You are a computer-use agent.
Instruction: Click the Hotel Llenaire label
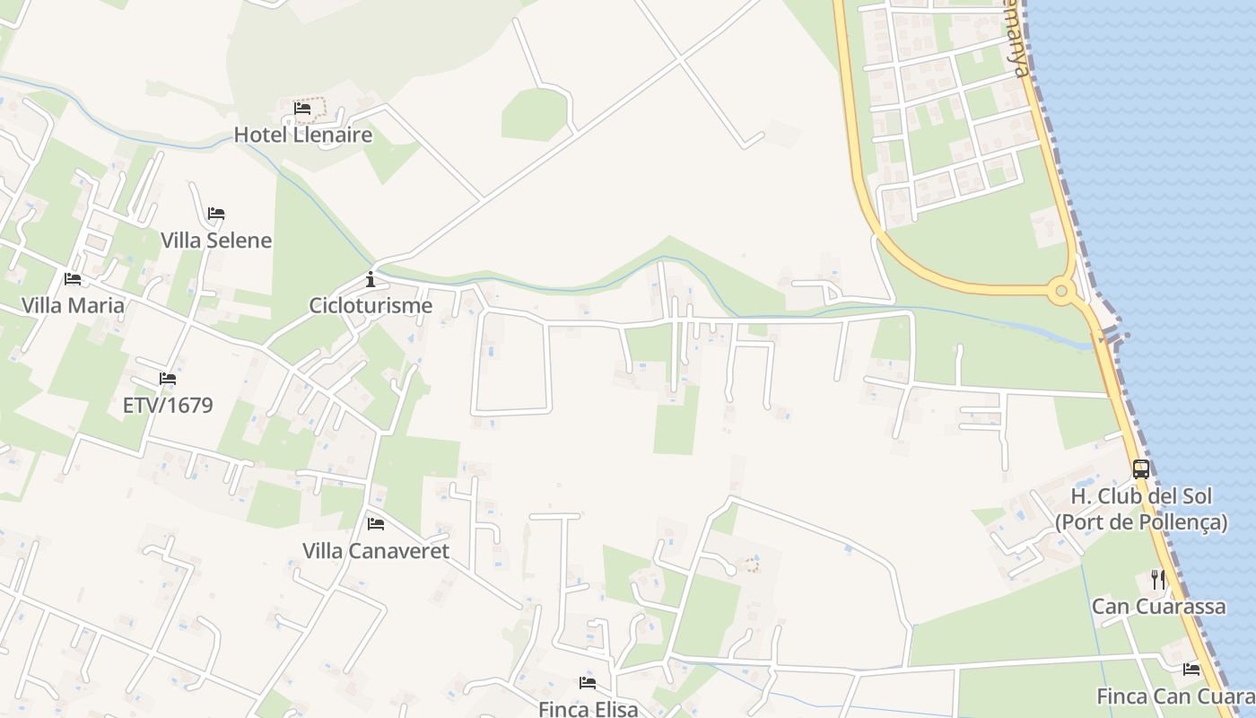[303, 136]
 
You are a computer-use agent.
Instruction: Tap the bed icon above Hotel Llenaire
[302, 109]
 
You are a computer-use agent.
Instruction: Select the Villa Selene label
[216, 241]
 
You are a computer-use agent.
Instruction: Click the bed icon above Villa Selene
[216, 214]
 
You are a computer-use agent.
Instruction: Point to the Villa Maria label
[73, 305]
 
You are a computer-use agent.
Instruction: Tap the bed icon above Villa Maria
[73, 279]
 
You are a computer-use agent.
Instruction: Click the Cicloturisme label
[371, 305]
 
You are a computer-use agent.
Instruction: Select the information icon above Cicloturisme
[371, 279]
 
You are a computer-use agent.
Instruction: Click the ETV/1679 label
[168, 405]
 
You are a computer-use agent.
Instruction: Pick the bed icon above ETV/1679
[168, 379]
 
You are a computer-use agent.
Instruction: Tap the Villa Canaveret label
[376, 550]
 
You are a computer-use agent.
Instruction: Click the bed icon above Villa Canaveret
[376, 523]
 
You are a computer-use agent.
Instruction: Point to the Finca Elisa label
[589, 708]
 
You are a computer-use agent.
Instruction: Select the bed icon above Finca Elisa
[589, 683]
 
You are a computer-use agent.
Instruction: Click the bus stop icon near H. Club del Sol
[1141, 468]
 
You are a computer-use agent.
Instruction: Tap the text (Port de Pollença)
[1141, 522]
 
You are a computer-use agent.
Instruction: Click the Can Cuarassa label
[1158, 607]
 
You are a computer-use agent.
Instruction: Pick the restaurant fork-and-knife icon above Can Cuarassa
[1158, 580]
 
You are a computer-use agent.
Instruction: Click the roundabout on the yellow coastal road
[1062, 290]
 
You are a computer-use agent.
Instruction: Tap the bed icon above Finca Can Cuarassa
[1191, 669]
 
